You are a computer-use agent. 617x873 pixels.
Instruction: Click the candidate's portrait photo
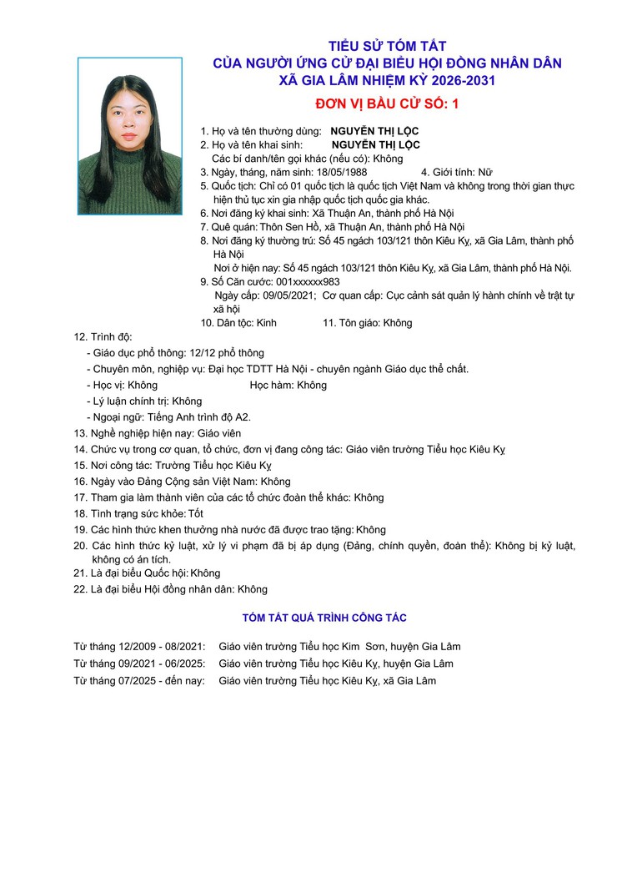[129, 135]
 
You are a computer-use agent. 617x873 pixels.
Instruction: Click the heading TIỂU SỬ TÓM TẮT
[388, 46]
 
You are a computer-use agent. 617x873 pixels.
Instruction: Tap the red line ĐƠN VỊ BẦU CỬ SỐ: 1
[387, 104]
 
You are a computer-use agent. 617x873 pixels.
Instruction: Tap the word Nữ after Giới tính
[484, 172]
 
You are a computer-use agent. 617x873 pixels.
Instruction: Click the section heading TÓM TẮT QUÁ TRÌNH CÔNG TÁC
[324, 618]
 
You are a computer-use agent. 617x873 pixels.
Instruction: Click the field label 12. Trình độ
[103, 337]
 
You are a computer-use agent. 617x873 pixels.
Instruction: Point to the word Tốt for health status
[196, 513]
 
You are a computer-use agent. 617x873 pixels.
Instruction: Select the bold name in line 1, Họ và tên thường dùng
[374, 131]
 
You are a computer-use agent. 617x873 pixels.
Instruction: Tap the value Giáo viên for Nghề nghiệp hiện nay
[219, 433]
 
